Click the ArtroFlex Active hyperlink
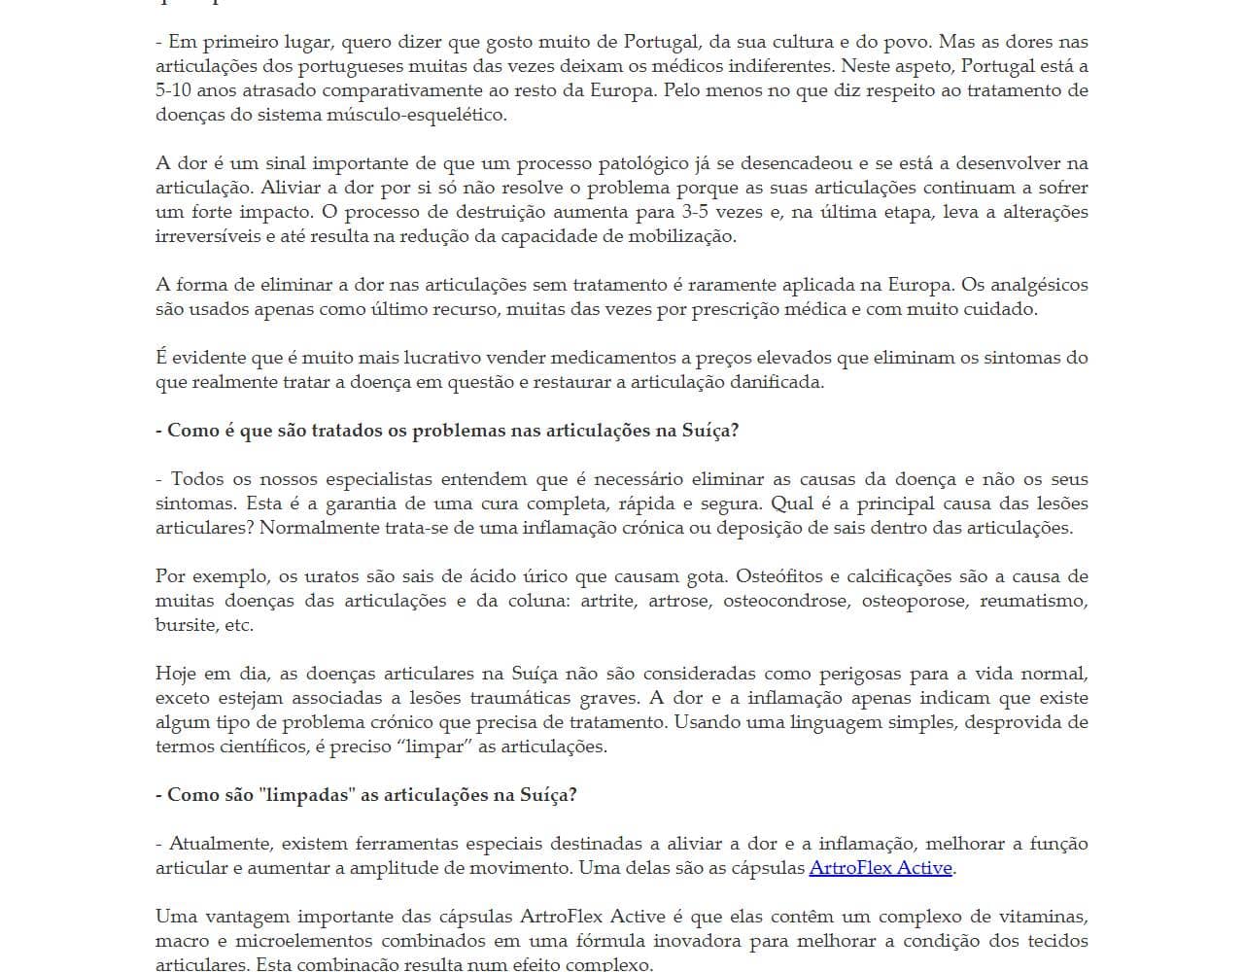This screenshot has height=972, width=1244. pos(881,868)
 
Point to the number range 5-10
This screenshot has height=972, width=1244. pos(177,90)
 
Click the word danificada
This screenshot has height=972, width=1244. pos(776,382)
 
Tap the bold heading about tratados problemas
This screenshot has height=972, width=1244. pos(447,431)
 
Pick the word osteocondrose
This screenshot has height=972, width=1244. pos(786,601)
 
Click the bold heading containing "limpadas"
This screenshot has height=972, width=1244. pos(366,795)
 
